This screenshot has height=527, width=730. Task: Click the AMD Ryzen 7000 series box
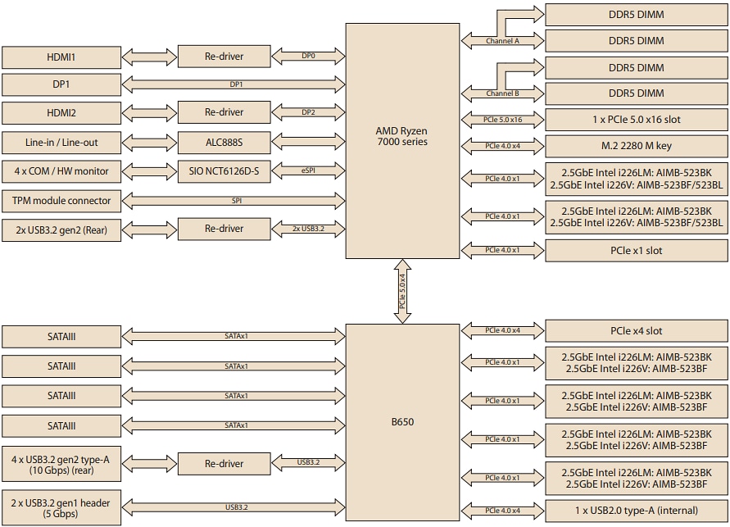[x=401, y=140]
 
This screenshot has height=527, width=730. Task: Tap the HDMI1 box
[x=61, y=57]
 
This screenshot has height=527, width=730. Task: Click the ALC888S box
[x=224, y=143]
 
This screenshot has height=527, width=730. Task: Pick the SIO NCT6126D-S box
[x=224, y=172]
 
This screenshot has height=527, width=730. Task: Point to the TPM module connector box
[x=61, y=201]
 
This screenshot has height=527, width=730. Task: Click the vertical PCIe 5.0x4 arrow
[x=402, y=291]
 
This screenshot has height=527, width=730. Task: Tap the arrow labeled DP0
[x=308, y=57]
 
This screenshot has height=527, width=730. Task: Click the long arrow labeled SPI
[x=236, y=201]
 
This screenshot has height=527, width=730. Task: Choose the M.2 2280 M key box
[x=637, y=146]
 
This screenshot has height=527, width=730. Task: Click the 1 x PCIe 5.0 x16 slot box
[x=637, y=120]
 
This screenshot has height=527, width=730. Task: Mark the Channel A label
[x=502, y=40]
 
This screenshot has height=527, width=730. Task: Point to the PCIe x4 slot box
[x=637, y=331]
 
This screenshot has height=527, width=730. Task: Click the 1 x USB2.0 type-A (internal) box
[x=637, y=511]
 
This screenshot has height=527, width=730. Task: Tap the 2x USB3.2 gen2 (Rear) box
[x=61, y=229]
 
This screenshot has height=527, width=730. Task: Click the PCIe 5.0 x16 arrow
[x=503, y=120]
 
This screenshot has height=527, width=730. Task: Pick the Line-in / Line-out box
[x=61, y=143]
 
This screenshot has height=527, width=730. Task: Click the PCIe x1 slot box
[x=637, y=250]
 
